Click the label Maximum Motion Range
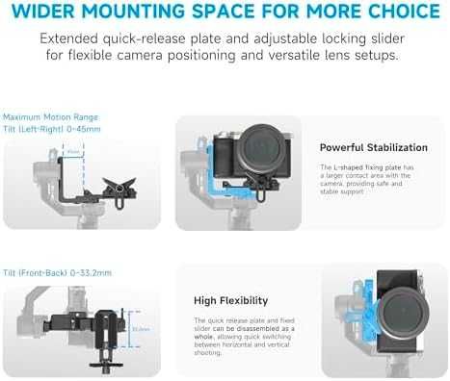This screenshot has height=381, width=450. tap(44, 117)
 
